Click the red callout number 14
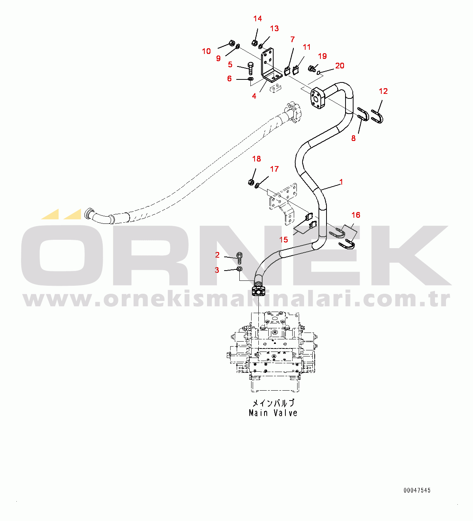coord(258,19)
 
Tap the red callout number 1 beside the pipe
coord(341,182)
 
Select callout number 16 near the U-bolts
coord(356,215)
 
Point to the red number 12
coord(383,91)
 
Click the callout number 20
coord(340,66)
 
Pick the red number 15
coord(283,240)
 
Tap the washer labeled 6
coord(250,79)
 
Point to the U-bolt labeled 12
coord(377,116)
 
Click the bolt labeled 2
coord(239,258)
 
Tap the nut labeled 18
coord(251,182)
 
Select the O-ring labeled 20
coord(319,73)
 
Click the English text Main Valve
coord(273,413)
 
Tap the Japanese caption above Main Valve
coord(273,403)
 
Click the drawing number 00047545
coord(417,491)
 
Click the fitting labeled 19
coord(311,69)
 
